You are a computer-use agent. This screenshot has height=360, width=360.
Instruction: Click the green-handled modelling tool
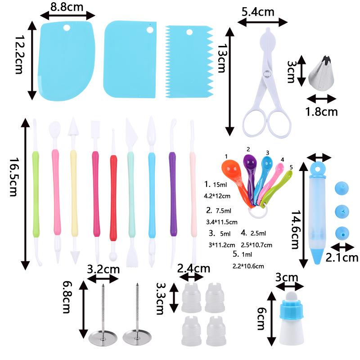click(36, 193)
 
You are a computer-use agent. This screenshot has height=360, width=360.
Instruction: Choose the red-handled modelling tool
click(113, 193)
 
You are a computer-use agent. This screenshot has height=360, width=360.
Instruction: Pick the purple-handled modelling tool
click(172, 193)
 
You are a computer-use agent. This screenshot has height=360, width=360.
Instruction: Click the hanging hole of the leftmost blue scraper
click(67, 27)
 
